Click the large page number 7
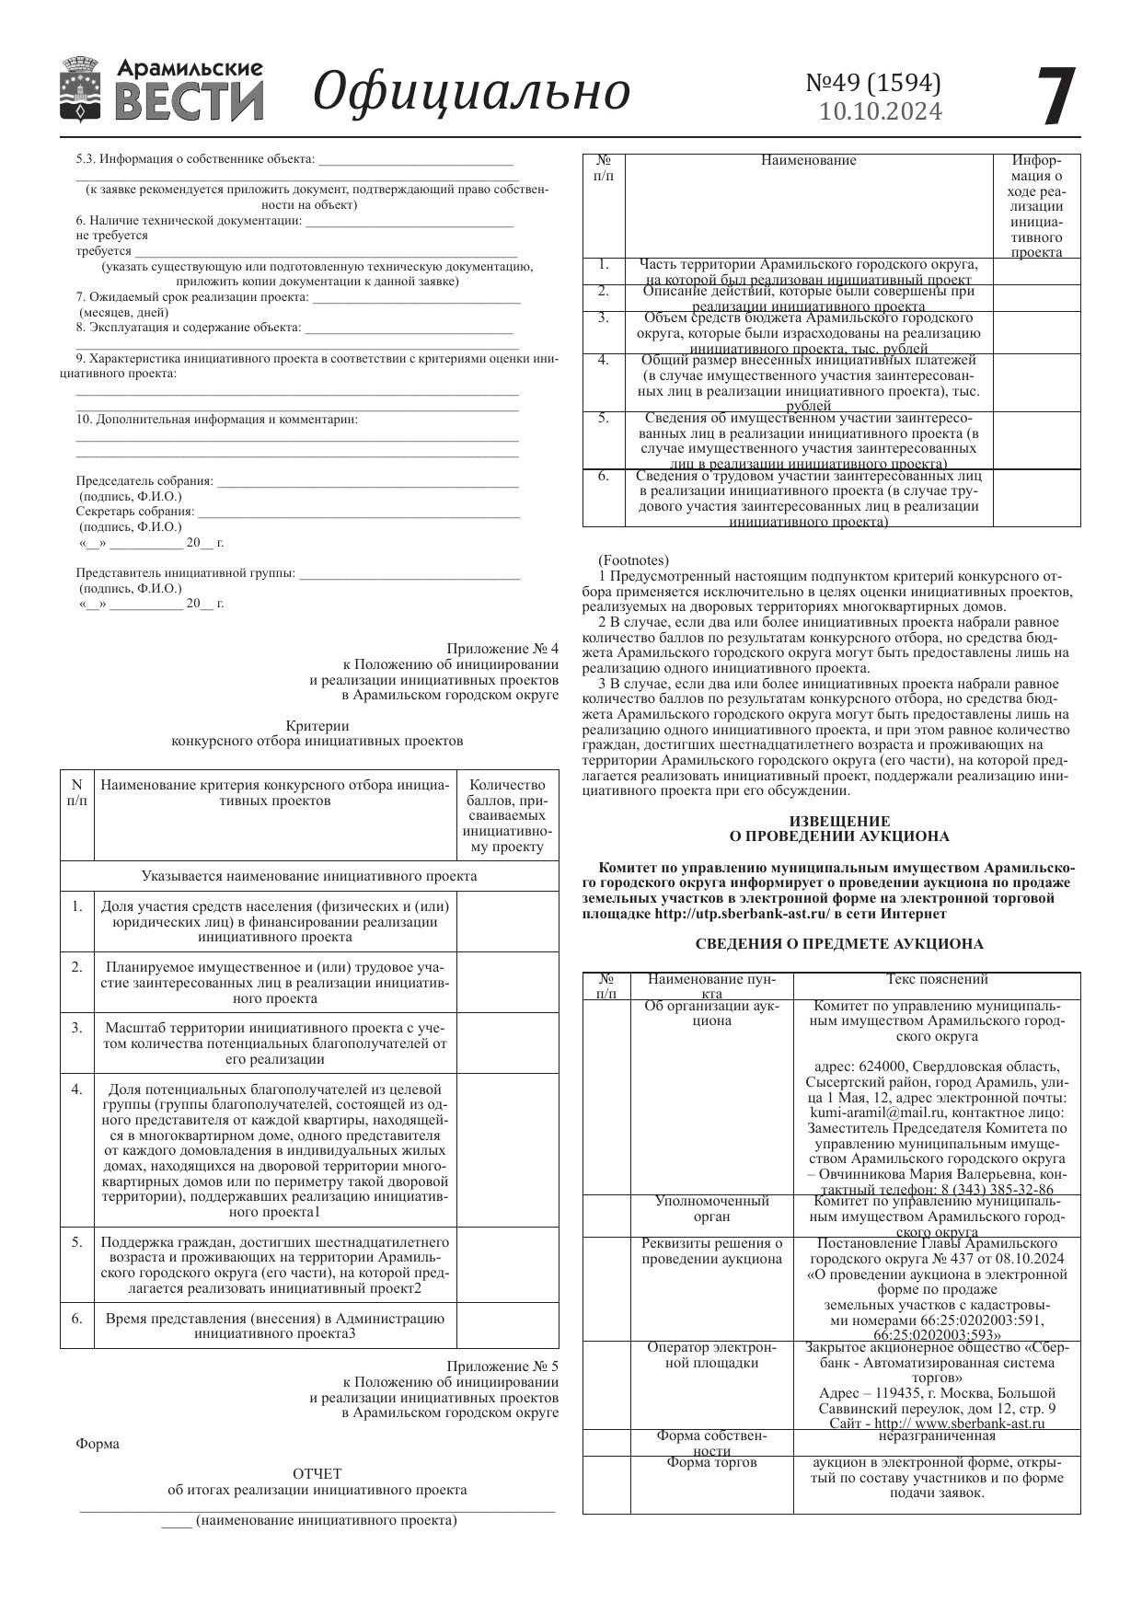pyautogui.click(x=1055, y=98)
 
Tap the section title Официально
pyautogui.click(x=471, y=91)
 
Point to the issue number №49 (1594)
pyautogui.click(x=873, y=83)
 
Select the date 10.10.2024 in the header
pyautogui.click(x=881, y=111)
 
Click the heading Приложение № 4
pyautogui.click(x=502, y=648)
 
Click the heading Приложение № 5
pyautogui.click(x=502, y=1366)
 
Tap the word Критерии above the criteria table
pyautogui.click(x=317, y=725)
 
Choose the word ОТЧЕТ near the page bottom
pyautogui.click(x=317, y=1473)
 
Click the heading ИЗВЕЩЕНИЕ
pyautogui.click(x=839, y=821)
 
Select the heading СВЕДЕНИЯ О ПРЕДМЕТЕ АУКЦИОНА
pyautogui.click(x=839, y=943)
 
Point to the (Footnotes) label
pyautogui.click(x=633, y=559)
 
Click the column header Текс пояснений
pyautogui.click(x=937, y=979)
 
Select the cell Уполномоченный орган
pyautogui.click(x=711, y=1208)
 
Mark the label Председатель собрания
pyautogui.click(x=144, y=480)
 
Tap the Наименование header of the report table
pyautogui.click(x=808, y=160)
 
